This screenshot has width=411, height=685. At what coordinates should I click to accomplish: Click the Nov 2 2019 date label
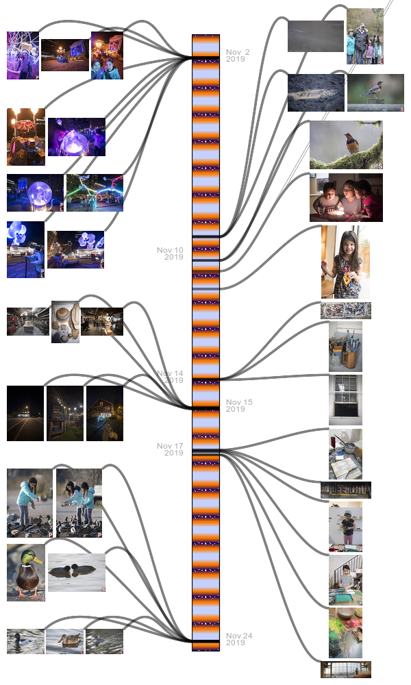tap(238, 55)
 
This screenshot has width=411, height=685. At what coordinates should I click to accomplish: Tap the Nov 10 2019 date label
tap(171, 253)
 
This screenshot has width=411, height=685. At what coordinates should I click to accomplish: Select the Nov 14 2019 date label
tap(171, 377)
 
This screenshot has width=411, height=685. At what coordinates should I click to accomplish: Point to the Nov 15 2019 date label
tap(239, 406)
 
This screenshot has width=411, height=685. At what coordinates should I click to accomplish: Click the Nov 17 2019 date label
tap(171, 449)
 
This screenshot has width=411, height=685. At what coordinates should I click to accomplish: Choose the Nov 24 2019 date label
tap(239, 639)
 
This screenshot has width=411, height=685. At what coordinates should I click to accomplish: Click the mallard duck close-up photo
tap(26, 572)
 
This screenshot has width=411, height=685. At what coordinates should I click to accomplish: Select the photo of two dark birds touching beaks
tap(77, 572)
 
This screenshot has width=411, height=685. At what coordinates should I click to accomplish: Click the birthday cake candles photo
tap(346, 197)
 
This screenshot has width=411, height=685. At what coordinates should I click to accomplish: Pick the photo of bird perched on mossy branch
tap(346, 145)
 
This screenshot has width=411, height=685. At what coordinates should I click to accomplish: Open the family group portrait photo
tap(364, 36)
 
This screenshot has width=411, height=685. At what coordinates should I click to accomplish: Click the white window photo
tap(345, 399)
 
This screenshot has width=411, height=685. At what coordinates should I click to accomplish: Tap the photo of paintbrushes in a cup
tap(345, 346)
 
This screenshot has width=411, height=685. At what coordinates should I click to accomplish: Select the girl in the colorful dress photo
tap(341, 262)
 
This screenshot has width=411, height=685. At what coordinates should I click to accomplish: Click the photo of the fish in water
tap(316, 92)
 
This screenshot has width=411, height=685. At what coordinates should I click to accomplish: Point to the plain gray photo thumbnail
tap(315, 36)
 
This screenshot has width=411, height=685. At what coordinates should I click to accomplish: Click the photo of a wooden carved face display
tap(65, 322)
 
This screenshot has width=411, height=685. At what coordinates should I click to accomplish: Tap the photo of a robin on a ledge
tap(375, 92)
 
